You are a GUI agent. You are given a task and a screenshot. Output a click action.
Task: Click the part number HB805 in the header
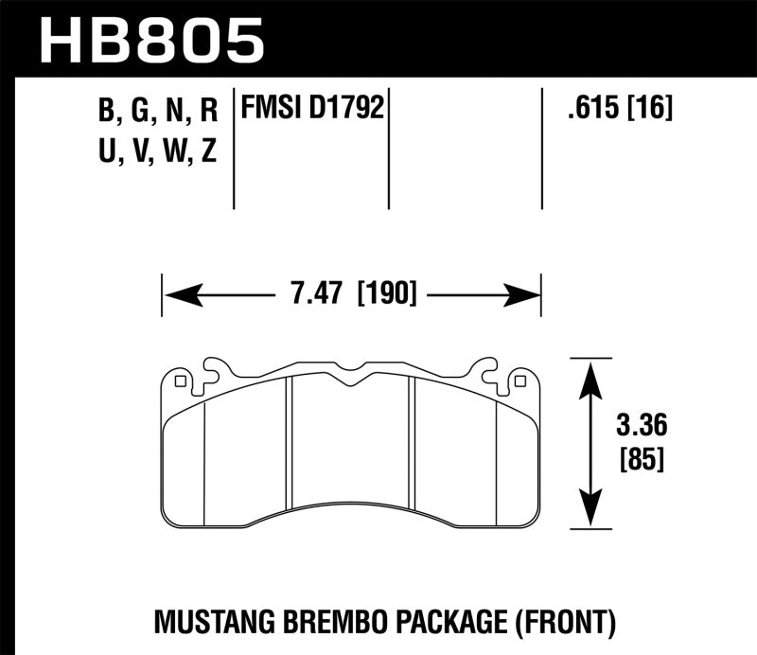151,40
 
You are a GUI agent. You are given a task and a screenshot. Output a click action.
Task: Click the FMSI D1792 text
312,111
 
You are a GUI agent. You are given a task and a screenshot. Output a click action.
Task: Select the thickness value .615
586,111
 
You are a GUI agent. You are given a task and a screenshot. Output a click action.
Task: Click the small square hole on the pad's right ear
518,381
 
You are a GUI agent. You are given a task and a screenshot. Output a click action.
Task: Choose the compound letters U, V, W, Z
158,151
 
